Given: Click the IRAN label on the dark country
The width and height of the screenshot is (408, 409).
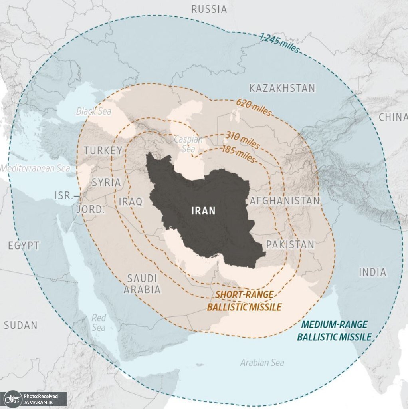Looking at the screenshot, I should tap(203, 211).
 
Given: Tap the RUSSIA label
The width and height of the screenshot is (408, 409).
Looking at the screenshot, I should tap(209, 9).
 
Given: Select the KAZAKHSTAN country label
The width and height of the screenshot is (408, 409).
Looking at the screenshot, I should tap(282, 88).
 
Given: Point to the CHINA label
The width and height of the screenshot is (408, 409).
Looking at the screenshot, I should tap(393, 117).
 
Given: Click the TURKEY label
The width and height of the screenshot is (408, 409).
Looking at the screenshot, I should tap(103, 151).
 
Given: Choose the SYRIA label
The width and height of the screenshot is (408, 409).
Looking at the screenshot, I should tap(106, 183).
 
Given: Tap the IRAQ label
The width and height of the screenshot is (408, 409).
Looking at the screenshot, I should tap(130, 202).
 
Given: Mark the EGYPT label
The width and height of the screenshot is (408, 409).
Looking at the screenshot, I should tap(24, 246).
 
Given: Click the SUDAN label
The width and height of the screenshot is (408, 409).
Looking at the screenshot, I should tap(20, 325).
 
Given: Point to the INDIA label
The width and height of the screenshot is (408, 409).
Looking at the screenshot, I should tap(372, 272).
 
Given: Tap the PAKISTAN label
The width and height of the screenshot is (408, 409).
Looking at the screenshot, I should tap(290, 244).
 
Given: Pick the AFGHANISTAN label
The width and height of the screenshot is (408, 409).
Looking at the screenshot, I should tap(285, 201).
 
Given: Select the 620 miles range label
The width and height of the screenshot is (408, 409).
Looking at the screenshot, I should tap(254, 107).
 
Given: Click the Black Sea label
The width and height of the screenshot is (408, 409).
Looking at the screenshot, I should tap(93, 111).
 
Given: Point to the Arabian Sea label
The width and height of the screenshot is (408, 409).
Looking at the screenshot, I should tap(262, 363).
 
